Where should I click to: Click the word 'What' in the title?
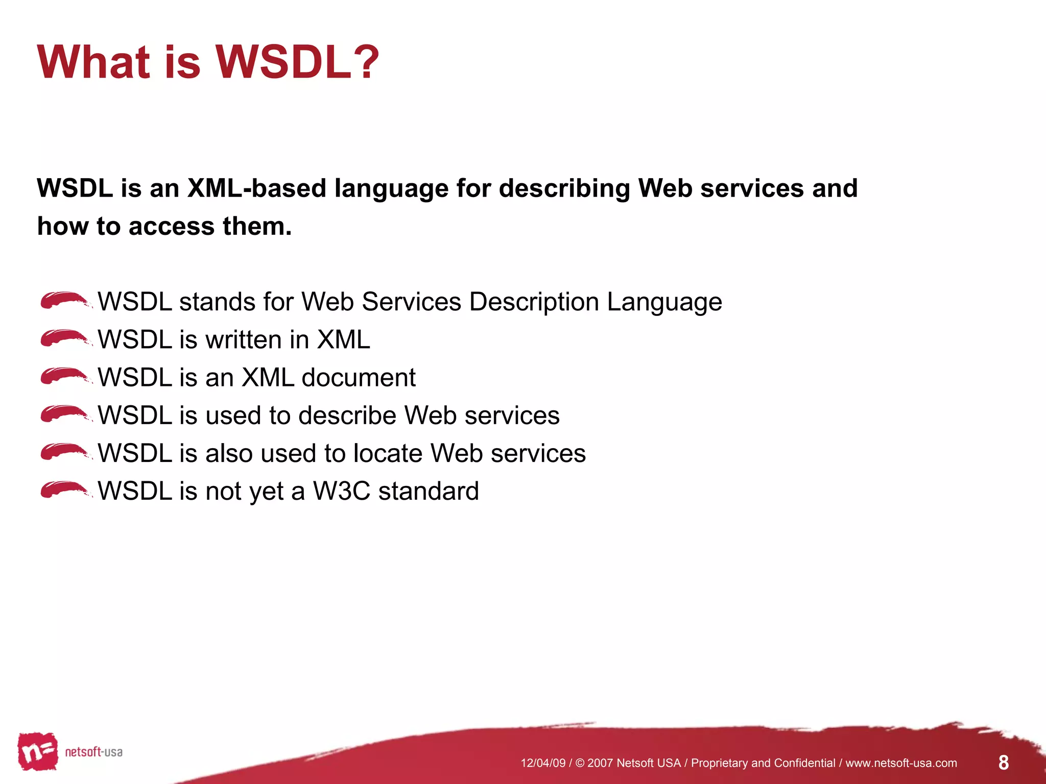click(x=93, y=62)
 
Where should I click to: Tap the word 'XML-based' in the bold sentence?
click(x=256, y=188)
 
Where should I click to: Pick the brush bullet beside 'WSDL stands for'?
click(x=65, y=301)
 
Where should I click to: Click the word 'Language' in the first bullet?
click(x=664, y=302)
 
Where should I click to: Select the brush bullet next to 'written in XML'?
click(x=65, y=338)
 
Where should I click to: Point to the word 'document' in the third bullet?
click(x=359, y=378)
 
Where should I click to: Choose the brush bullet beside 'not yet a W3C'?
click(x=65, y=490)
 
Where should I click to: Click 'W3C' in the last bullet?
click(x=341, y=491)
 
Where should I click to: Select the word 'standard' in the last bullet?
click(x=428, y=491)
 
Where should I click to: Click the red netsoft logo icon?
click(x=37, y=751)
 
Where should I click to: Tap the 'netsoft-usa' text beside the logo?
click(x=93, y=752)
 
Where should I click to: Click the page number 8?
click(x=1003, y=763)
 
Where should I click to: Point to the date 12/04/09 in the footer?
click(x=542, y=763)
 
